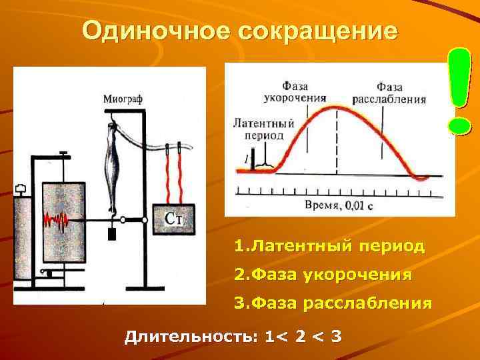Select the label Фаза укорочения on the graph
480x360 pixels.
pyautogui.click(x=304, y=92)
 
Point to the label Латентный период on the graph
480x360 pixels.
pyautogui.click(x=264, y=129)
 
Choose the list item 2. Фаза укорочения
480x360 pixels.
pyautogui.click(x=323, y=275)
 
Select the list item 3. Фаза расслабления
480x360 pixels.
pyautogui.click(x=333, y=303)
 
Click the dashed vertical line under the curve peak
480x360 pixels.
pyautogui.click(x=337, y=143)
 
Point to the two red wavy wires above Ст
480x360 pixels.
pyautogui.click(x=173, y=177)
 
